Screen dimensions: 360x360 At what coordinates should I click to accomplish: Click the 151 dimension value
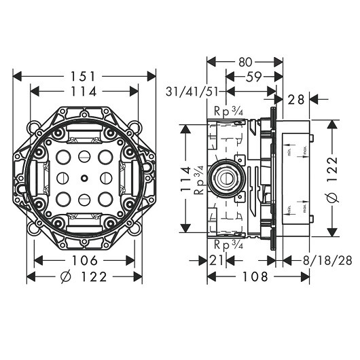coord(85,76)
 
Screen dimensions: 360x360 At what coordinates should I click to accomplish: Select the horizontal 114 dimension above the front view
coord(85,91)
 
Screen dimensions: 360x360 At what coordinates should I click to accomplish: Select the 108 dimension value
coord(245,276)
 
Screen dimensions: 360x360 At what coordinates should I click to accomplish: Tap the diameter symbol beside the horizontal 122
coord(65,276)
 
